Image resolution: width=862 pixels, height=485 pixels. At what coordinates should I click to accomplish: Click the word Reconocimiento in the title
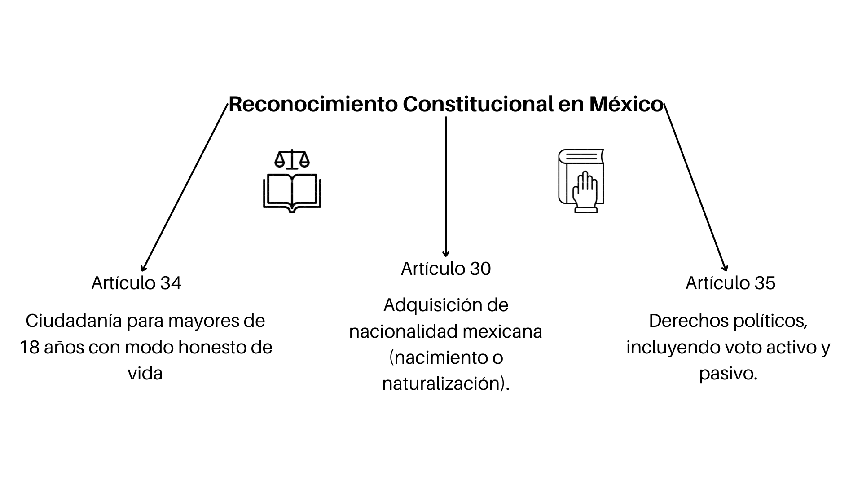coord(313,104)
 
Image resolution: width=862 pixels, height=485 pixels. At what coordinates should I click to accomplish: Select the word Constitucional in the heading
coord(478,104)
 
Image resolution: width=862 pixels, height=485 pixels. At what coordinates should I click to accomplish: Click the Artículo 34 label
coord(136,283)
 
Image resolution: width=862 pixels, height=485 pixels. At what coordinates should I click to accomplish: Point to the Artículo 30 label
coord(446,269)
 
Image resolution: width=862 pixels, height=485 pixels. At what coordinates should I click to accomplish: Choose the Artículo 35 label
coord(730,283)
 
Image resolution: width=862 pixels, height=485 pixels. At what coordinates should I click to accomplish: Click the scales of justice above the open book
coord(292,159)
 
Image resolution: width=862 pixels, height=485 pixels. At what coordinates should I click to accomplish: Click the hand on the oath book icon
coord(585,192)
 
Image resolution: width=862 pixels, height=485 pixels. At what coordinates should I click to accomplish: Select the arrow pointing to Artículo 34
coord(185,188)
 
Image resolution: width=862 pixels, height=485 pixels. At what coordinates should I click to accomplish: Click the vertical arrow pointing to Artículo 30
coord(446,187)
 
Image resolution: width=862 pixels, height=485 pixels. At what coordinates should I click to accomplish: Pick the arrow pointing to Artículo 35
coord(695,188)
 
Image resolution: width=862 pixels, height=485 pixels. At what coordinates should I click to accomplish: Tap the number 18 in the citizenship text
coord(30,348)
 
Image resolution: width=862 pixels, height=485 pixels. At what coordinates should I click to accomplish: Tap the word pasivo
coord(726,374)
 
